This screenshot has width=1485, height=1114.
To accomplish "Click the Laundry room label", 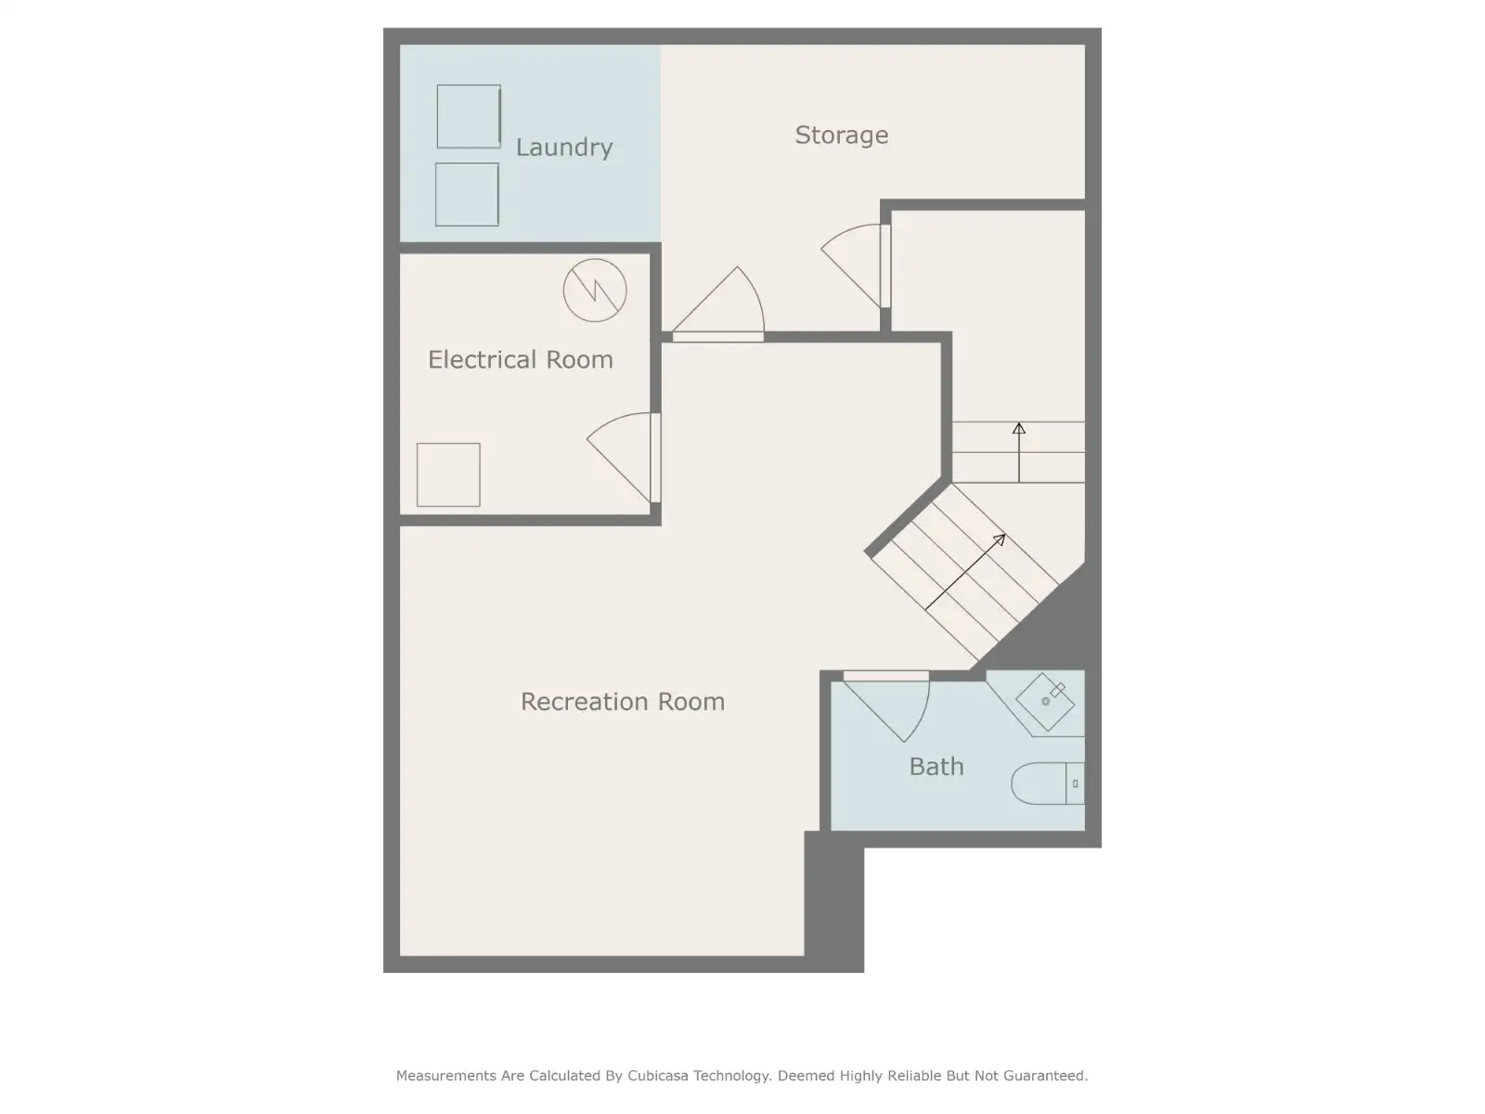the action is click(563, 148).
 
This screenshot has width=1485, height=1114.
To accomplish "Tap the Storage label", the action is click(841, 136).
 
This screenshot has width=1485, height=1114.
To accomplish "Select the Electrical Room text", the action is click(521, 359).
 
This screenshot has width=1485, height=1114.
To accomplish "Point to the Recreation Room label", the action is click(623, 702).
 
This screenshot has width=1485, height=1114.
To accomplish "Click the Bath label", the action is click(936, 767).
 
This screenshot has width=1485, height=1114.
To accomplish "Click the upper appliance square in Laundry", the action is click(468, 116).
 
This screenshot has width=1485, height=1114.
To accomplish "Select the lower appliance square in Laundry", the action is click(467, 194).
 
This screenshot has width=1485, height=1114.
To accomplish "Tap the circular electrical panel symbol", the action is click(595, 291).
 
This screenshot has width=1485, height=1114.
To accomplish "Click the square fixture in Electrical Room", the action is click(448, 474).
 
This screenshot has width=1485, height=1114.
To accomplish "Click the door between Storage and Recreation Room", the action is click(718, 304).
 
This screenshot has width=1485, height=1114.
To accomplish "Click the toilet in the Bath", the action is click(1048, 784).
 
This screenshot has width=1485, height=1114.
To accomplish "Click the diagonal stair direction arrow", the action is click(965, 572).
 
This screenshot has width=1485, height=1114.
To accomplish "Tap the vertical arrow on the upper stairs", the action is click(1019, 452).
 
